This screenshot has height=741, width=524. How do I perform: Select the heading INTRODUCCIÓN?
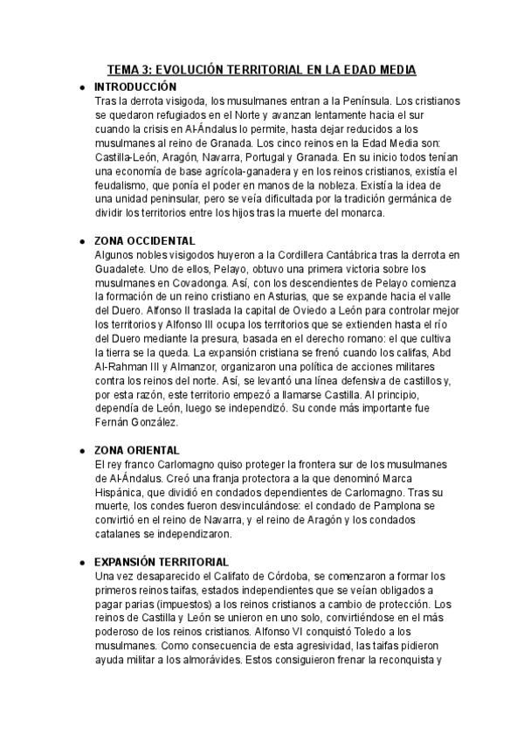134,87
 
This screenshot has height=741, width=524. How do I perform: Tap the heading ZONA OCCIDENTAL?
145,240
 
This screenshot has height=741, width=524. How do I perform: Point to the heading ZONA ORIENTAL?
137,449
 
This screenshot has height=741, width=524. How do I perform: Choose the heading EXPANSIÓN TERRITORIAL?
162,561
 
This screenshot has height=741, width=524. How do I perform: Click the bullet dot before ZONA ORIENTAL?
82,450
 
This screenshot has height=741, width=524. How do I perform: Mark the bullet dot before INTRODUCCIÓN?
82,88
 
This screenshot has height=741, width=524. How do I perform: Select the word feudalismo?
123,185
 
